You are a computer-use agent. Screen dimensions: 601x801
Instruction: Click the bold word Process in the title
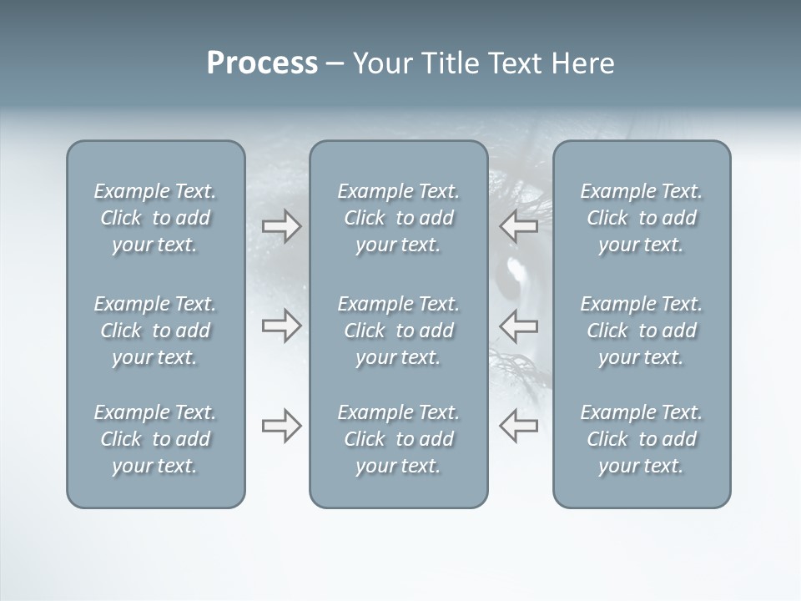coord(262,63)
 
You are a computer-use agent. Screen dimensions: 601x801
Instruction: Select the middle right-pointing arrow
coord(281,326)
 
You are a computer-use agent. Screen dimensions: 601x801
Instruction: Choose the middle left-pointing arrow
coord(518,326)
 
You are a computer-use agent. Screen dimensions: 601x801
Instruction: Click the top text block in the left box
coord(155,218)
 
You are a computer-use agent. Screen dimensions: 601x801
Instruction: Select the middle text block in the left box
coord(155,331)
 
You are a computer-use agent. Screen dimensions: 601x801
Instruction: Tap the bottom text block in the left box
coord(155,439)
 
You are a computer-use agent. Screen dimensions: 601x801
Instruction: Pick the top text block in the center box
coord(398,218)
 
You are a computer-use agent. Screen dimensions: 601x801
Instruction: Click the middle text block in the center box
coord(398,331)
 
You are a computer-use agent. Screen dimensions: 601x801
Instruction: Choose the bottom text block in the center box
coord(398,439)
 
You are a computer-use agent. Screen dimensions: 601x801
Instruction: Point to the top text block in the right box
coord(641,218)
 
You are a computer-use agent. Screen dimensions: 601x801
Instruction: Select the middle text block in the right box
coord(641,331)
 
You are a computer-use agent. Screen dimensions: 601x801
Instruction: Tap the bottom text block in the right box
coord(641,439)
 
